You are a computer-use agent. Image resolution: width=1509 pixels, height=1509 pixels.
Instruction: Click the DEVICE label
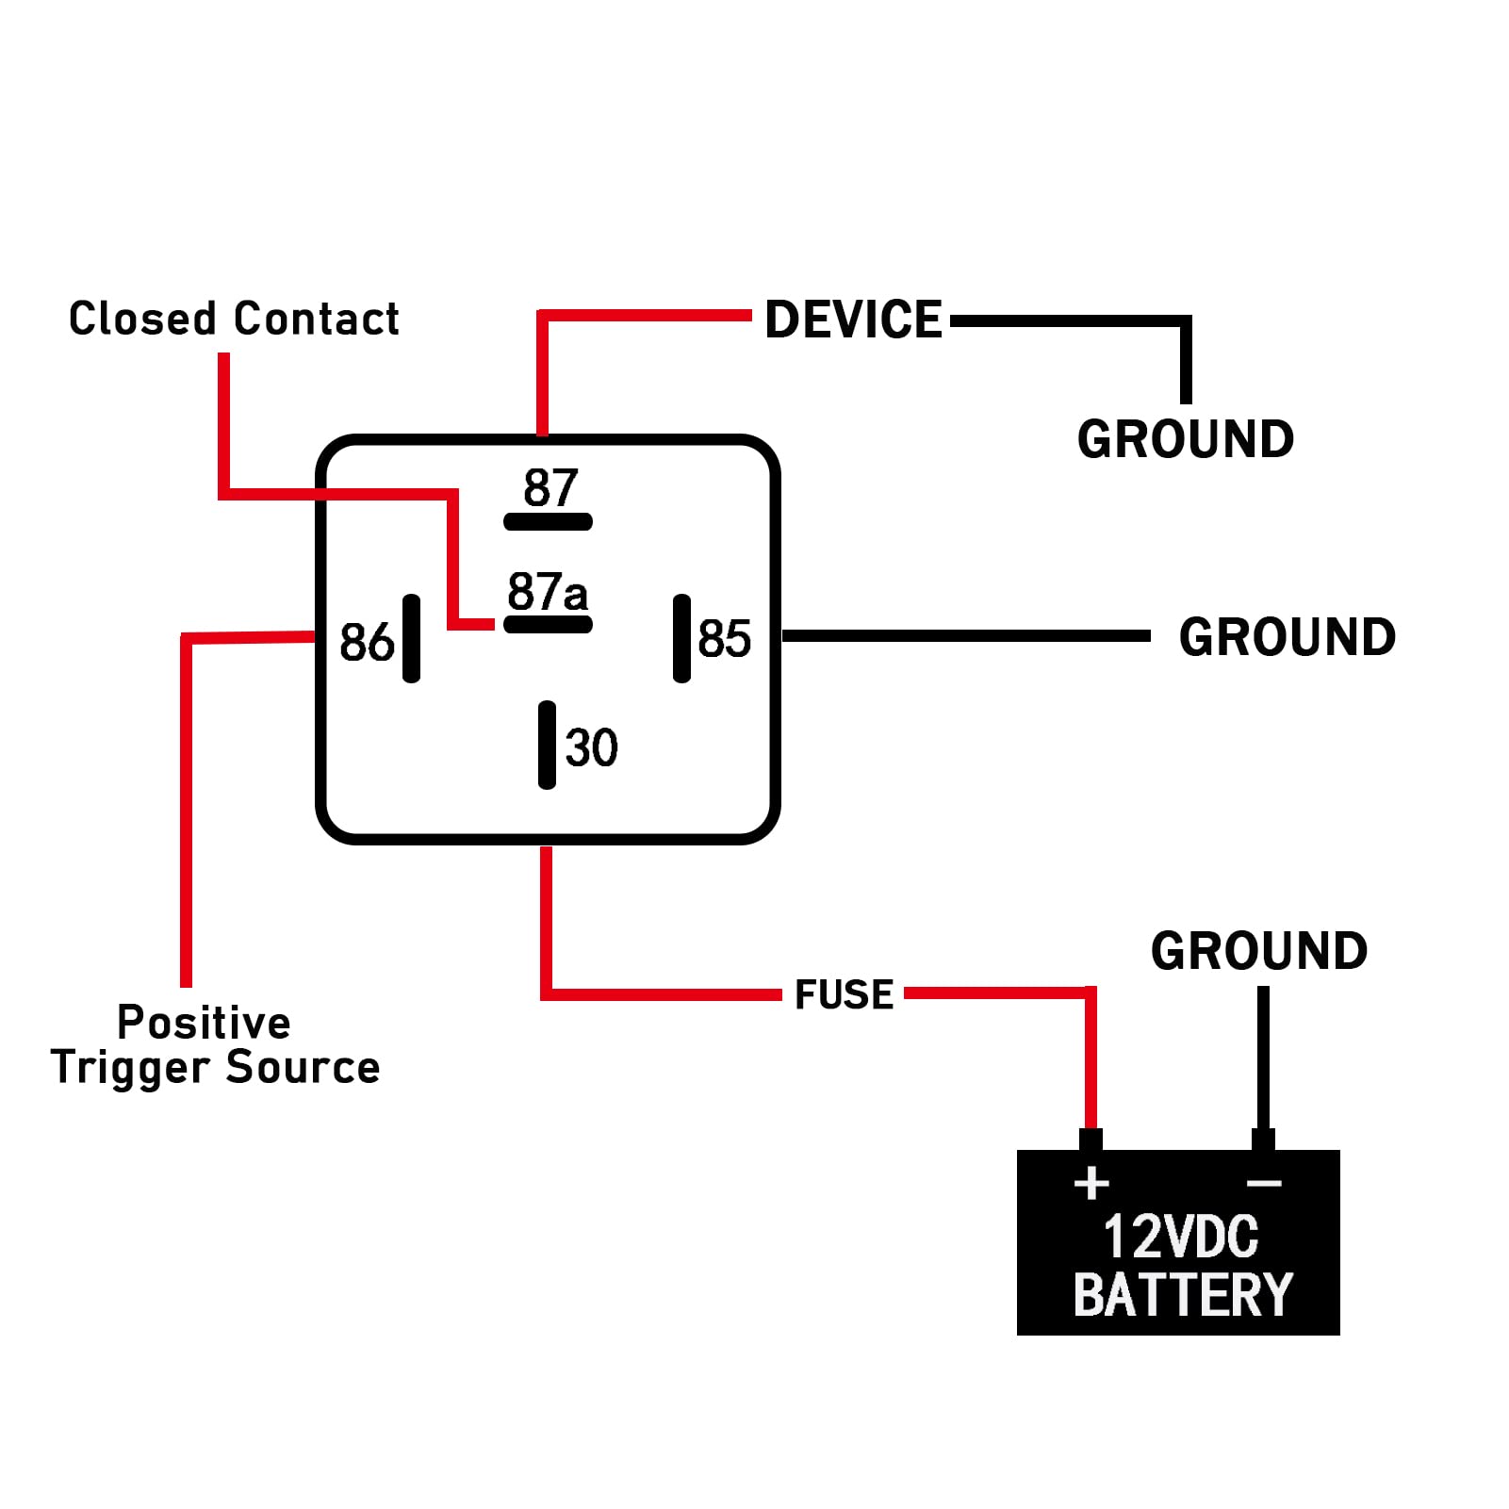(x=853, y=320)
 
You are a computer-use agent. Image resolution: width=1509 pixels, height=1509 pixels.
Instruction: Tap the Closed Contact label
(x=234, y=319)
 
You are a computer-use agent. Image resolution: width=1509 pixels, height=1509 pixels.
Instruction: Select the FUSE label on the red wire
(x=844, y=994)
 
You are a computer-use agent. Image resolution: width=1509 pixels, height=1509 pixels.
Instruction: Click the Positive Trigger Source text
(x=215, y=1045)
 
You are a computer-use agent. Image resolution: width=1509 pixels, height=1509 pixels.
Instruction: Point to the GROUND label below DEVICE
(x=1186, y=439)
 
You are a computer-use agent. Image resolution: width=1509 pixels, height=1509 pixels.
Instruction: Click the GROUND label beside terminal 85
(x=1288, y=637)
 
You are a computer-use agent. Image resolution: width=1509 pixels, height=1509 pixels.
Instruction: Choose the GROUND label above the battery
(x=1259, y=950)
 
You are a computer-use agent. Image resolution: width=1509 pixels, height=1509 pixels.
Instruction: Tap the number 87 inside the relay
(x=550, y=488)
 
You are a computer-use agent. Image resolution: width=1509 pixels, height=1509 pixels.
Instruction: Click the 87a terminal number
(x=548, y=592)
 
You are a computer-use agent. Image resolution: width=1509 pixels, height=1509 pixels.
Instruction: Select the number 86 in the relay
(x=367, y=643)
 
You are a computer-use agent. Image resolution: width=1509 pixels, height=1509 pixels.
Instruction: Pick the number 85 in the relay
(x=725, y=638)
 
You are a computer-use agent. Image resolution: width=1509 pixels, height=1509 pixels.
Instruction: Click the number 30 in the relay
(x=591, y=747)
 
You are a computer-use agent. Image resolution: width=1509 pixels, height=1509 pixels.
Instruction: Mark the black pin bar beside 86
(x=411, y=638)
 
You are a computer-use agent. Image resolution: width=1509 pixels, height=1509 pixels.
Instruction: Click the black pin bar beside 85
(x=681, y=638)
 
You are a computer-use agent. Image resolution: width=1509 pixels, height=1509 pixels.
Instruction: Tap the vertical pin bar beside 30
(x=547, y=745)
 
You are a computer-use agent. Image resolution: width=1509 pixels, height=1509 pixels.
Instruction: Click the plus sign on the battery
(x=1091, y=1184)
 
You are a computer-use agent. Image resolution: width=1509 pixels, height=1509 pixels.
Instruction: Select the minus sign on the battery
(x=1264, y=1183)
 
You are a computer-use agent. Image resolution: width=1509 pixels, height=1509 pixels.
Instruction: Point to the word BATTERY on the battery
(x=1183, y=1295)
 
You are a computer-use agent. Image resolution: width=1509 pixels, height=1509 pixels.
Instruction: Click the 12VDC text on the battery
(x=1181, y=1237)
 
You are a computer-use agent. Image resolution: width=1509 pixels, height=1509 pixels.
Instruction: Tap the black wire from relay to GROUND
(x=966, y=636)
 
